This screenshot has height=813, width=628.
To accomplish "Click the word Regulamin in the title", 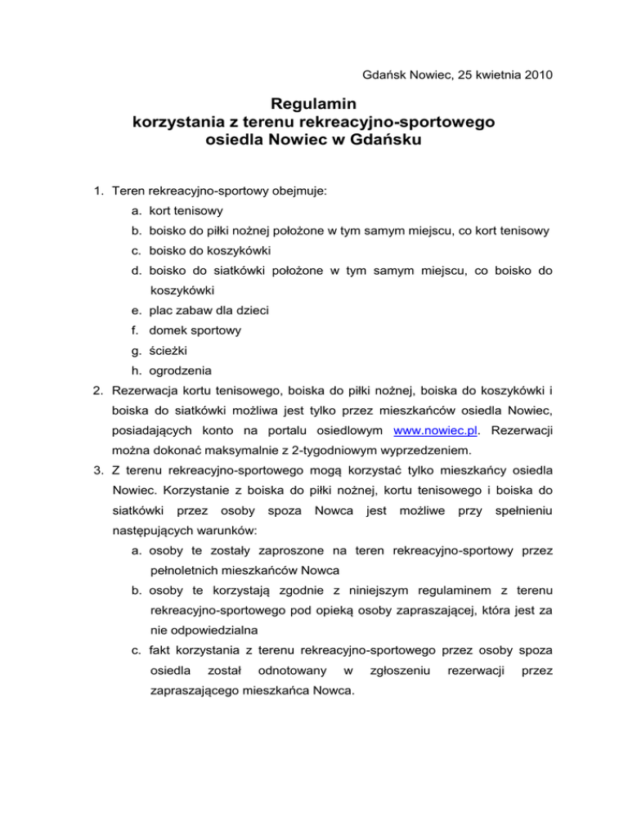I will [313, 105].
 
